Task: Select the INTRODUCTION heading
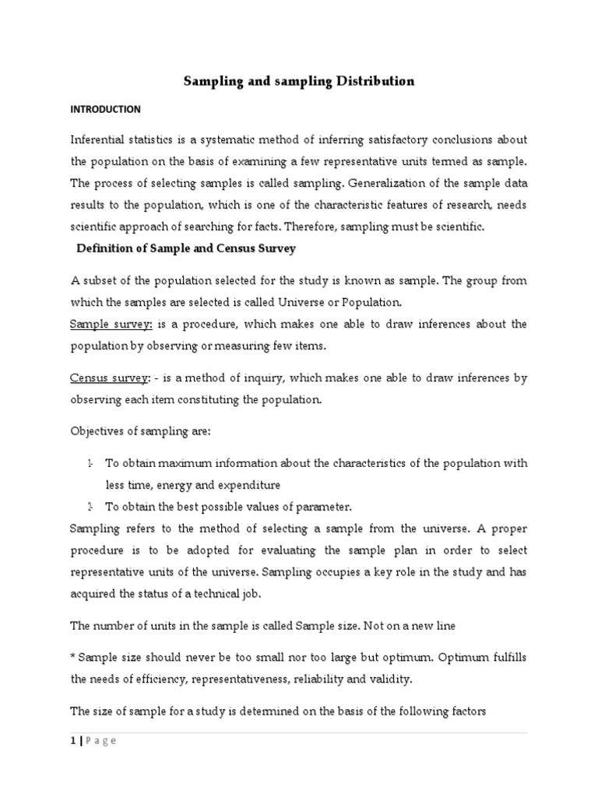point(105,109)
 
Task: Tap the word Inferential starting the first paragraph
point(98,139)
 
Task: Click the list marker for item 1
point(90,463)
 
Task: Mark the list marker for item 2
point(90,507)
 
